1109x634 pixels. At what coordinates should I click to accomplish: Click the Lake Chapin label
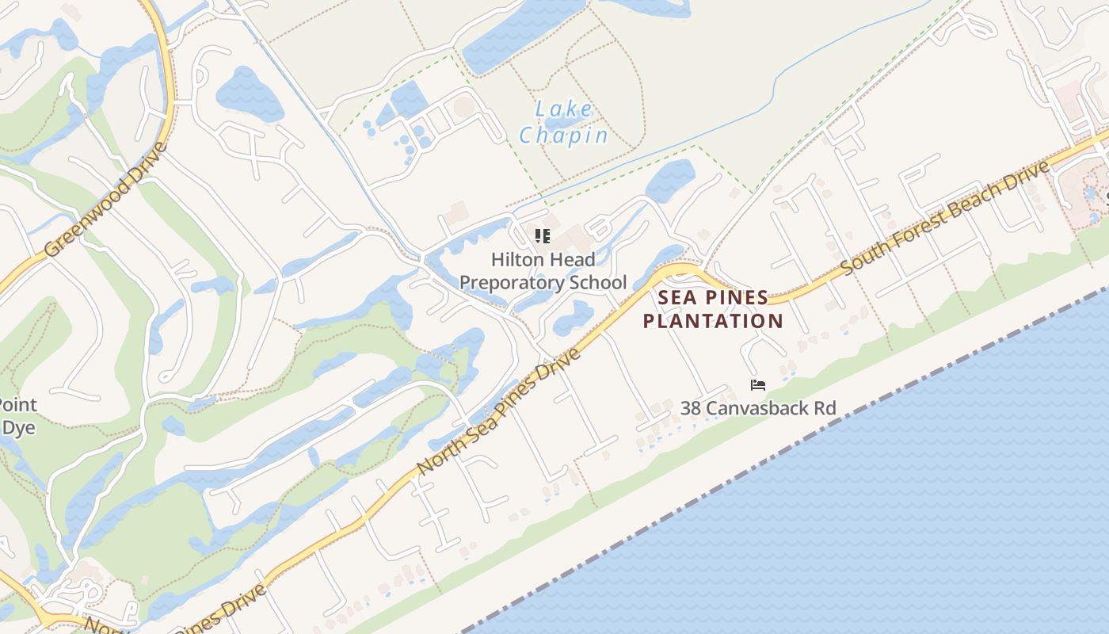pos(563,122)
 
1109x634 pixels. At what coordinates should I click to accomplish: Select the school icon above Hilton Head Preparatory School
pos(543,235)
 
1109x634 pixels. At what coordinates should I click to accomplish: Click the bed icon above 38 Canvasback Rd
pos(758,386)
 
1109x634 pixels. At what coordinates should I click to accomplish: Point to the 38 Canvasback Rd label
pos(758,408)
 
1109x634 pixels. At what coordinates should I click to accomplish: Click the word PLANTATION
pos(713,321)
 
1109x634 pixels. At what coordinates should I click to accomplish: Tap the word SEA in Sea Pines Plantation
pos(677,298)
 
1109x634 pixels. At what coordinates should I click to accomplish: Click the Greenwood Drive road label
pos(105,200)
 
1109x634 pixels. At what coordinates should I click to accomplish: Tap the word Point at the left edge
pos(17,405)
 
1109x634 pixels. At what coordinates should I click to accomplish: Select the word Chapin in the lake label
pos(563,136)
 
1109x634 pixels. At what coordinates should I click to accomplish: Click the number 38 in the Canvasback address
pos(690,408)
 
